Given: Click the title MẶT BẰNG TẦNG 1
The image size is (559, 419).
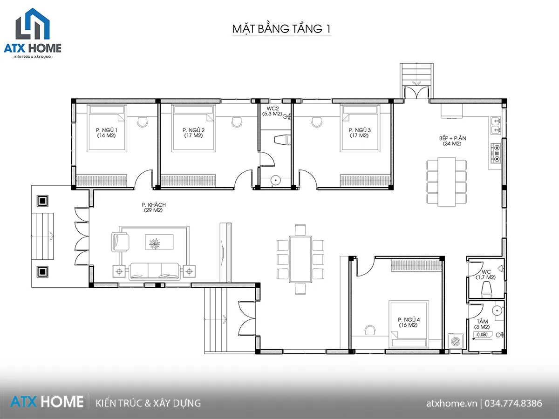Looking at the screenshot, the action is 281,29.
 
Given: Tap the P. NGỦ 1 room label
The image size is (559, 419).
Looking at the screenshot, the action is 107,133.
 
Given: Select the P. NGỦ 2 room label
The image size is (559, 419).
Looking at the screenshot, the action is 193,133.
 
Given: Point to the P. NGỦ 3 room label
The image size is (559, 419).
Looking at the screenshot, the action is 360,133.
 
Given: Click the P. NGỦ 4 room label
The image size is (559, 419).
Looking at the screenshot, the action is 409,322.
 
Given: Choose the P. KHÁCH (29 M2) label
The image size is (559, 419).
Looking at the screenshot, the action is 154,207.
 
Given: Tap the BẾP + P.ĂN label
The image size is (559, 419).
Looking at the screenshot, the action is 452,141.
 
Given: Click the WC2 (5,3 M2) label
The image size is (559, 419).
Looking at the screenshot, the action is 273,111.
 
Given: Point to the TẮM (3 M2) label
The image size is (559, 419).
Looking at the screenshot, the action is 482,324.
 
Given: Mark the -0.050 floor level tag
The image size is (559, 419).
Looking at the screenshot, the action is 482,335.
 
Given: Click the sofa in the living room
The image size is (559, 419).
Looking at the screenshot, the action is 155,271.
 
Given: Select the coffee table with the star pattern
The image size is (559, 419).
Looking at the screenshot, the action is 159,242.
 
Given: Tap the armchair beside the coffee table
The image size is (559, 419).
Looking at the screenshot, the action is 120,242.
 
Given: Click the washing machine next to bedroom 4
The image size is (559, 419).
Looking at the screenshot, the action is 456,341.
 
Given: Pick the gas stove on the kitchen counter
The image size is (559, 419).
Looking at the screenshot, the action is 496,153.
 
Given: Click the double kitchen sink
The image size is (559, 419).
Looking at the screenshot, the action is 496,125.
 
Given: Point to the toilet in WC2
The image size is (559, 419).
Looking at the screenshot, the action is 282,140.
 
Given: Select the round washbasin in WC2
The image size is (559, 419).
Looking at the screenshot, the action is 276,180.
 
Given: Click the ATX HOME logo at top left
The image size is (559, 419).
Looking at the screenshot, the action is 33,34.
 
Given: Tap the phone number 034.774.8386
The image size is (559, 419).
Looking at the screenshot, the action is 513,403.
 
